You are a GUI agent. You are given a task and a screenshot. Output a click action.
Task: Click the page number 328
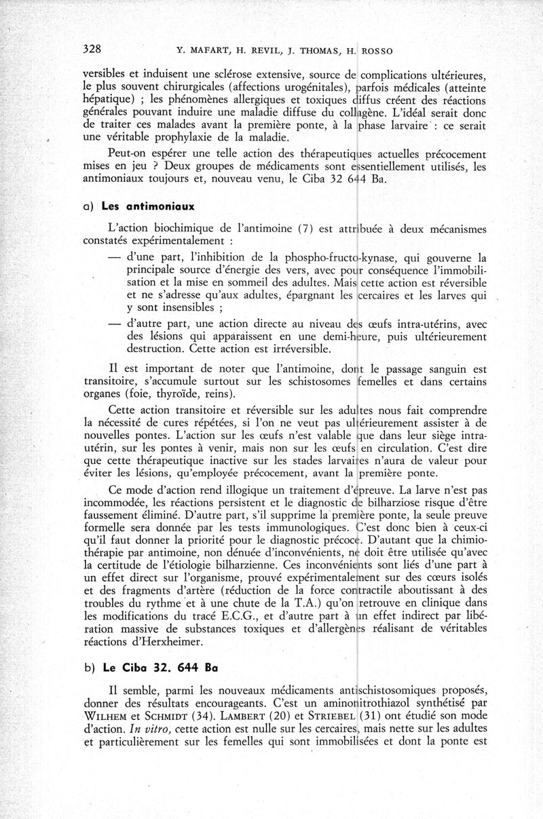point(92,49)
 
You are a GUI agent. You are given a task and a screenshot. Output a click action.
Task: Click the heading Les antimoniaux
point(138,206)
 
